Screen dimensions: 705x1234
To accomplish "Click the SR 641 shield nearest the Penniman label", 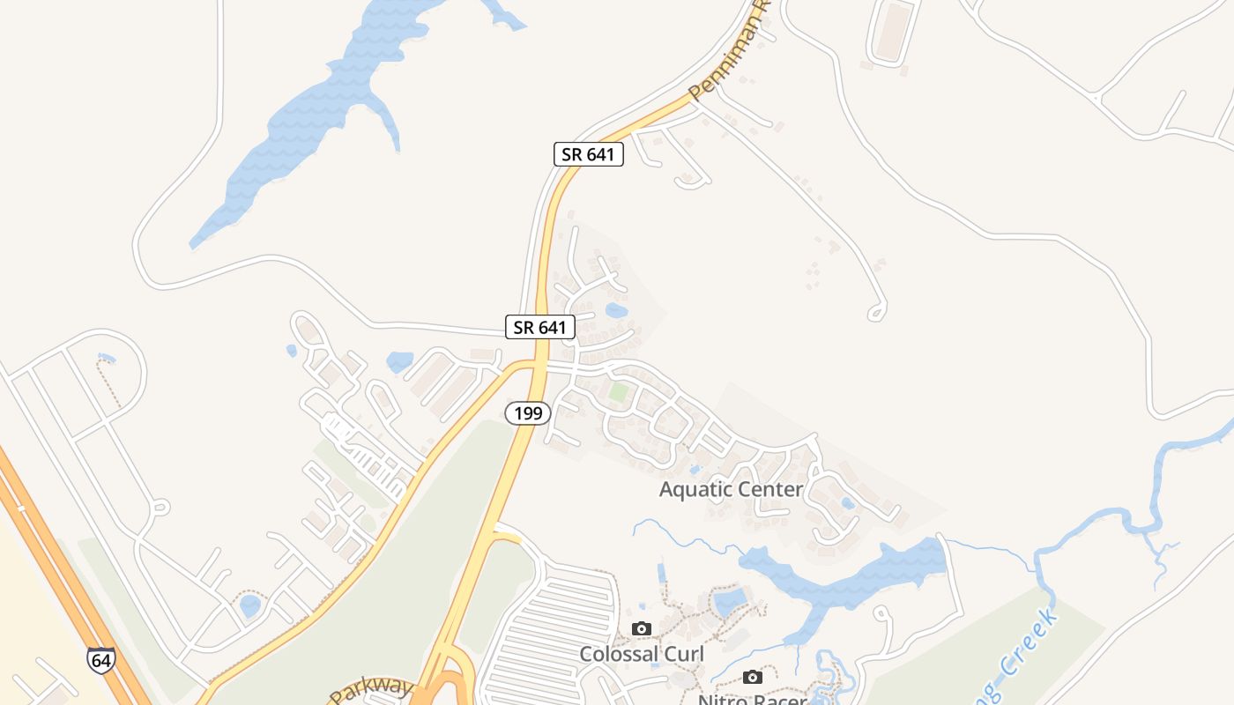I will coord(589,154).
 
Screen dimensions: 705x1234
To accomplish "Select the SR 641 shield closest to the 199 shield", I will coord(540,327).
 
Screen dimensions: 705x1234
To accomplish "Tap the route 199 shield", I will coord(528,412).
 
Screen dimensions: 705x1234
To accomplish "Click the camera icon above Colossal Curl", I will coord(642,628).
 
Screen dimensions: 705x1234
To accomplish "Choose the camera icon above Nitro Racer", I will coord(752,677).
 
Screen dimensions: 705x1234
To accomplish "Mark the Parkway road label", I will coord(372,688).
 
